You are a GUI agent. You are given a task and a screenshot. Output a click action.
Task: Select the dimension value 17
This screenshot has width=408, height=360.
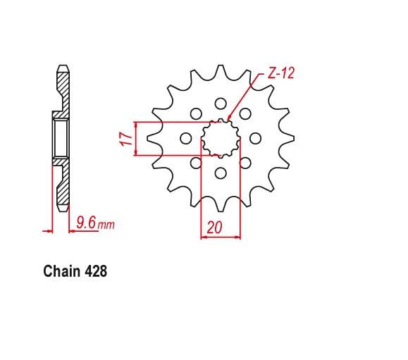pos(125,139)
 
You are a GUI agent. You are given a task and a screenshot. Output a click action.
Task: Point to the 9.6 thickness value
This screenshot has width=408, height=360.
pos(85,223)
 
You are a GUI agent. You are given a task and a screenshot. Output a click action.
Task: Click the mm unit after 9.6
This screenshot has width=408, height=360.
pos(106,225)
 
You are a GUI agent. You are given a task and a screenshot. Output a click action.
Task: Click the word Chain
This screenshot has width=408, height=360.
pos(62,271)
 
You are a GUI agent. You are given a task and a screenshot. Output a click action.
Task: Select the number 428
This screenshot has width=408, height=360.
pos(95,271)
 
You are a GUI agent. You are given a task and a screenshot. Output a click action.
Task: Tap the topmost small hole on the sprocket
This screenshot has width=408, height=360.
pos(221,104)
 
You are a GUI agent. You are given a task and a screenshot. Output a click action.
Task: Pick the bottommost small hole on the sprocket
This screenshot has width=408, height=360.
pos(221,173)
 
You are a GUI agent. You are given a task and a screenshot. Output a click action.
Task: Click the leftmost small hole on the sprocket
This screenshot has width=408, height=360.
pos(186,138)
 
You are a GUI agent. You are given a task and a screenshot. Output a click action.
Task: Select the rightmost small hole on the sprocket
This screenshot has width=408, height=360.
pos(255,138)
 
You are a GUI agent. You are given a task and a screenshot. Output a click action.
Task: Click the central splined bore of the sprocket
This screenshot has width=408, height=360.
pos(221,138)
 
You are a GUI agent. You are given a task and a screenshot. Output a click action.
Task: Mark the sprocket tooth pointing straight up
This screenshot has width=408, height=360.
pos(221,74)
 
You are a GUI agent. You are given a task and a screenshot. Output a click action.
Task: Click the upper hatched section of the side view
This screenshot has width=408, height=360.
pos(63,92)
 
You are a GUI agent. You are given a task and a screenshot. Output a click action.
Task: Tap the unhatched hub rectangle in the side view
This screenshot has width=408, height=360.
pos(59,138)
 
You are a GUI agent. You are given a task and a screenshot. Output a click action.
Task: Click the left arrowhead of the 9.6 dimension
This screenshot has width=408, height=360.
pos(50,230)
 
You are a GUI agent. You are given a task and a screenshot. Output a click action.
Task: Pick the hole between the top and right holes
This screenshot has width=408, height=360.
pos(245,113)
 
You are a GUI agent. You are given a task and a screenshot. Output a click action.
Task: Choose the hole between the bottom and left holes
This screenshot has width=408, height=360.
pos(196,163)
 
